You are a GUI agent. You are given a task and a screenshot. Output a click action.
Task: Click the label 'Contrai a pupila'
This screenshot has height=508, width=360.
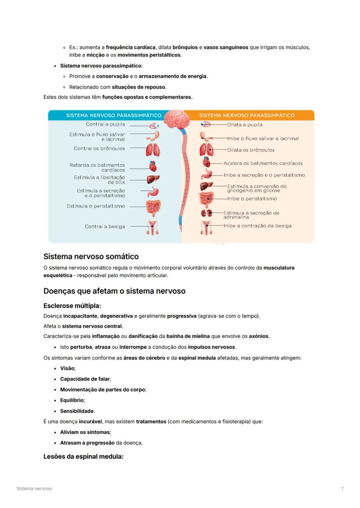[x=105, y=124]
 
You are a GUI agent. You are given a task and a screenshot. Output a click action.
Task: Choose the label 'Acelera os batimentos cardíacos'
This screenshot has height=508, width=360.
[x=263, y=163]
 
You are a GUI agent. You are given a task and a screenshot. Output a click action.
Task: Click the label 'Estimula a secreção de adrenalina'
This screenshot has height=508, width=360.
[x=251, y=215]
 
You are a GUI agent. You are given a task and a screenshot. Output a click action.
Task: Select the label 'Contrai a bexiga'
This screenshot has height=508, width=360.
[x=104, y=226]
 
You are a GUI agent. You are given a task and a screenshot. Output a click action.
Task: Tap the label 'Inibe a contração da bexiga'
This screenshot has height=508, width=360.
[x=257, y=226]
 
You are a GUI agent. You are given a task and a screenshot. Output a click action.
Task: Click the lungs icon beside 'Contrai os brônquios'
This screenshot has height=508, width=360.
[x=153, y=150]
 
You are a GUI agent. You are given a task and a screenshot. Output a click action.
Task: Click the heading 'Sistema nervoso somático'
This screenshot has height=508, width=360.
[x=91, y=256]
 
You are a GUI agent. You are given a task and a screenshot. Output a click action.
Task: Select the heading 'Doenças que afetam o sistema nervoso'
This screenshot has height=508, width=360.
[x=114, y=291]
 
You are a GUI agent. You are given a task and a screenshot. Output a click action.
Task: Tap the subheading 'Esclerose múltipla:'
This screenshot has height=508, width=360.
[x=72, y=305]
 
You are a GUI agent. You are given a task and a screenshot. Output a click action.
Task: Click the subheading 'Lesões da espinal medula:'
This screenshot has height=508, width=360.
[x=83, y=456]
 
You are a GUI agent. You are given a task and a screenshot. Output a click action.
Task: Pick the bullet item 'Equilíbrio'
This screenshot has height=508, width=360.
[x=72, y=400]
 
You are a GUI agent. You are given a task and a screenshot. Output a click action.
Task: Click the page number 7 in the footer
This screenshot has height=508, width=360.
[x=342, y=488]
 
